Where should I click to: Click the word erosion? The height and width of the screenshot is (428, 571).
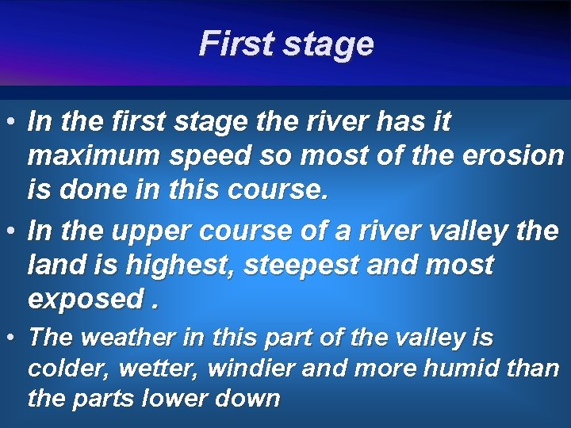click(513, 156)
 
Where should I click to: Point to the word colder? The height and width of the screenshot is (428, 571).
click(61, 369)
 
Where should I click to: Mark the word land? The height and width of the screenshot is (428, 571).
click(53, 266)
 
